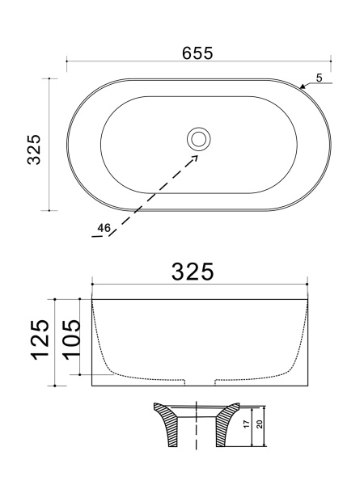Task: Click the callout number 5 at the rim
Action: tap(320, 78)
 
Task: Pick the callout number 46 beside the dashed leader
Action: tap(103, 228)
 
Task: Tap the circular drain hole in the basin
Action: tap(197, 139)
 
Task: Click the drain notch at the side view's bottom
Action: tap(200, 382)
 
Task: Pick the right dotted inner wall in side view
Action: tap(303, 339)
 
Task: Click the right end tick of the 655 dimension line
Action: tap(331, 61)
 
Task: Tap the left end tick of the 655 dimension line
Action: tap(66, 61)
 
